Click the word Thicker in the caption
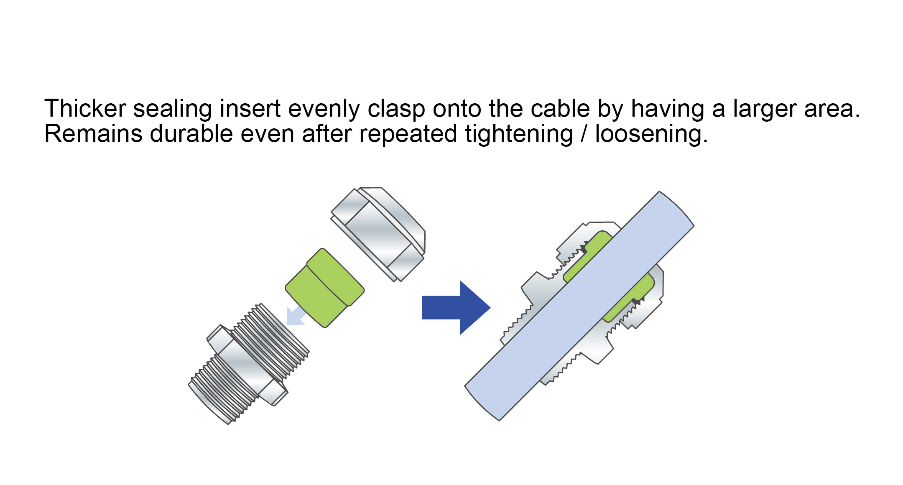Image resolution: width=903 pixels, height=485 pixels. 85,109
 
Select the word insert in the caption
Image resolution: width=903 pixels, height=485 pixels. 250,109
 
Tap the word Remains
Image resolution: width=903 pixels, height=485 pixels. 93,134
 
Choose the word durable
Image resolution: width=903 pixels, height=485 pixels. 191,134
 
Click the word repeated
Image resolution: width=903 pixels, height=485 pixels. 408,134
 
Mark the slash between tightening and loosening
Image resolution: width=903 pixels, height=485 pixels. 584,134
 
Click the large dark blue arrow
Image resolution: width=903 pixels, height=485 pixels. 456,308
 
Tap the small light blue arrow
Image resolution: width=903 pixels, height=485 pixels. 296,316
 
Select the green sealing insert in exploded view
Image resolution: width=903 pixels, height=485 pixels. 324,288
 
